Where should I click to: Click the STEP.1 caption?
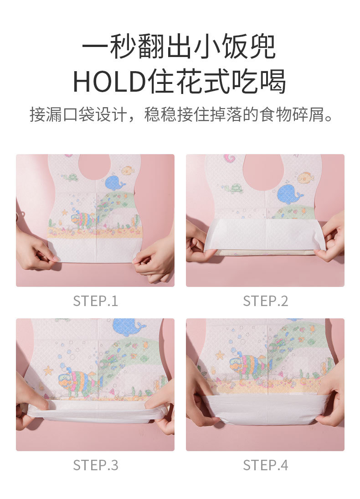pos(95,301)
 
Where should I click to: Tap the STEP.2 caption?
pos(266,301)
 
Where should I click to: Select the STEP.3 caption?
pos(95,465)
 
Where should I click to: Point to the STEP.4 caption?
pos(266,465)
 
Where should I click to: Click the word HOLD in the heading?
pos(109,82)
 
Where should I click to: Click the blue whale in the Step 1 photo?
pos(114,182)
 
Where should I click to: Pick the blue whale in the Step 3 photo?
pos(129,327)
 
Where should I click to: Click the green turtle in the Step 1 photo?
pos(70,177)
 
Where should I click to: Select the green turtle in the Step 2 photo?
pos(233,189)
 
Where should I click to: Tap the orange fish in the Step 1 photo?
pos(128,171)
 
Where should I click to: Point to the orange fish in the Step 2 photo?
pos(306,177)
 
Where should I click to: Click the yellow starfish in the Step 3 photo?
pos(48,370)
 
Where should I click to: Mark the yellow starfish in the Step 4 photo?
pos(220,355)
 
